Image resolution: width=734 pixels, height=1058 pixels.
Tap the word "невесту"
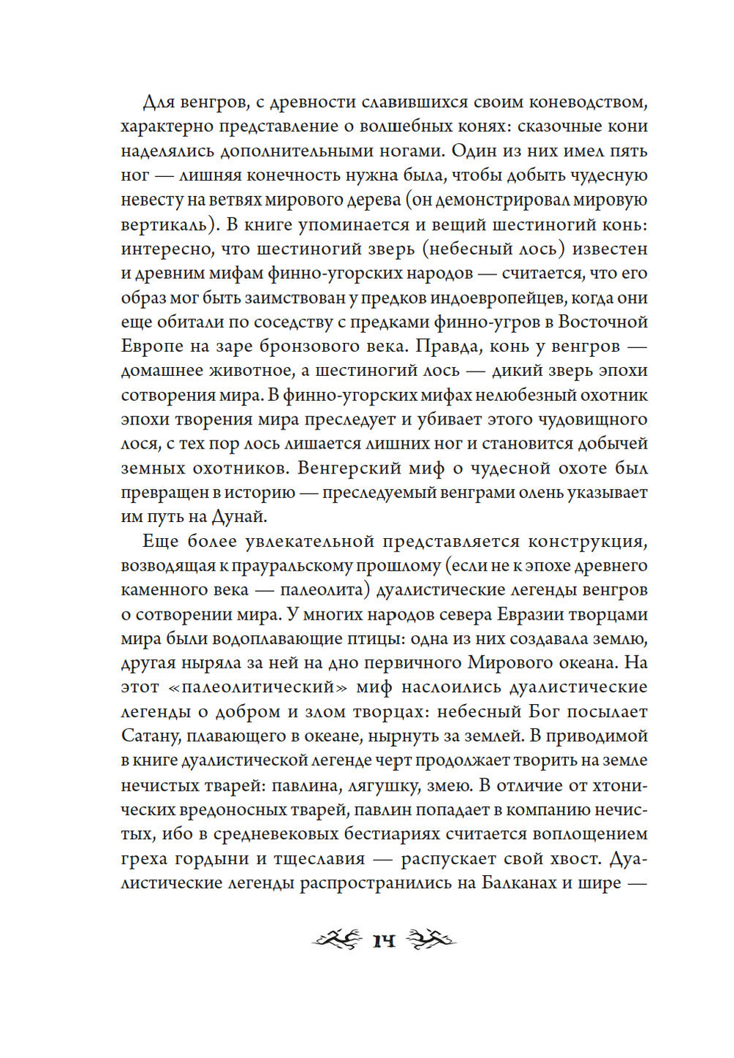click(148, 200)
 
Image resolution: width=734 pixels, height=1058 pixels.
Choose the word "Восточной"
click(603, 322)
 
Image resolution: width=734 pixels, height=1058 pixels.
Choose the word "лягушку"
click(380, 785)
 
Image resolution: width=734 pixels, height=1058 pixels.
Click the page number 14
click(384, 941)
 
